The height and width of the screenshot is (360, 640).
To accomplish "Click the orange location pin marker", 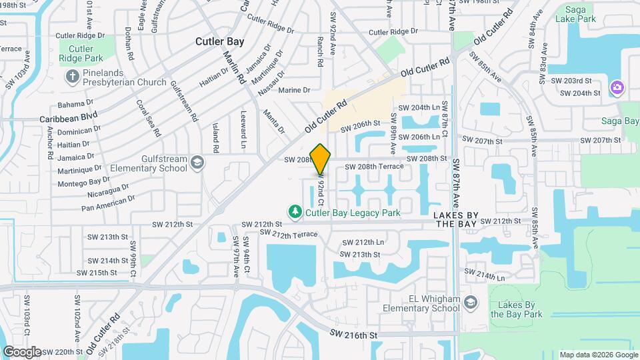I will pos(321,159).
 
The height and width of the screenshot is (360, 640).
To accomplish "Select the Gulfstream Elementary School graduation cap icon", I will pos(197,162).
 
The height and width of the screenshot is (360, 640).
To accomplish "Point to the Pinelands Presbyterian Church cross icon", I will pos(72,77).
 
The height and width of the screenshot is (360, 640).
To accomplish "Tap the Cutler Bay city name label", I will pos(219,41).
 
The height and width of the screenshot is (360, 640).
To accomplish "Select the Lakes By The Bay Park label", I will pos(516,309).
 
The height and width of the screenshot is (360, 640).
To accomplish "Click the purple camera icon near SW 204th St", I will pos(617,87).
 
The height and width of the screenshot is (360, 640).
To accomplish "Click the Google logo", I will pos(22,351).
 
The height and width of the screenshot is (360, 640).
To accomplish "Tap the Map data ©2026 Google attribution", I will pos(598,355).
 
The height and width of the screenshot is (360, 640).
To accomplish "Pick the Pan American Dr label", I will pos(108,203).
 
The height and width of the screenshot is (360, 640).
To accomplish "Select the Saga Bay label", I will pos(620,121).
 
